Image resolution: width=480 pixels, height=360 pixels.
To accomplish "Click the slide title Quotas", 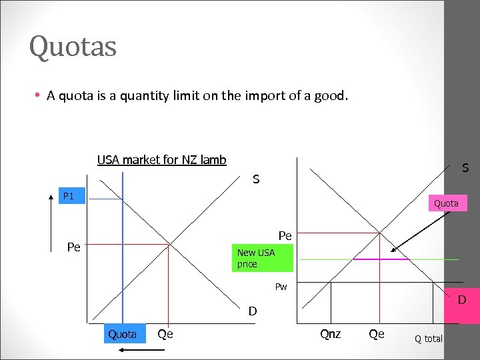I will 73,47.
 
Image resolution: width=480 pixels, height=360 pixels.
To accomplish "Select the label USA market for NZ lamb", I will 161,160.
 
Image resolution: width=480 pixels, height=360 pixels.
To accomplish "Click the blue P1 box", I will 69,196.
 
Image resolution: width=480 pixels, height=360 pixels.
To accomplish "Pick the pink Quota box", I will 446,203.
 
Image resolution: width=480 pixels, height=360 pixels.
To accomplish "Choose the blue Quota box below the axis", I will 123,334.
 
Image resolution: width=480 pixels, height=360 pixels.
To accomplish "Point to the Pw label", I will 281,287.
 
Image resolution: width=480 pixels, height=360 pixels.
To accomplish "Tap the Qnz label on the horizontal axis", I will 331,334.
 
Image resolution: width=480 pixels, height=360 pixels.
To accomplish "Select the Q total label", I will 429,339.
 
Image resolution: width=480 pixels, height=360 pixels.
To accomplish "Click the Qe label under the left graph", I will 165,334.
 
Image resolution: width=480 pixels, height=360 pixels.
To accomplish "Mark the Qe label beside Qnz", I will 377,334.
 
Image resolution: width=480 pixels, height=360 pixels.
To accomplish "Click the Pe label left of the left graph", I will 74,247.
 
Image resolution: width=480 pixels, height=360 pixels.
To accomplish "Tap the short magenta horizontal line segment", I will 381,259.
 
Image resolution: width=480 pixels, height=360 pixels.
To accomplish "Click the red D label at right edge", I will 461,301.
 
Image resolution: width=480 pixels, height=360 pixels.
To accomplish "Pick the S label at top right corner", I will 465,169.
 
